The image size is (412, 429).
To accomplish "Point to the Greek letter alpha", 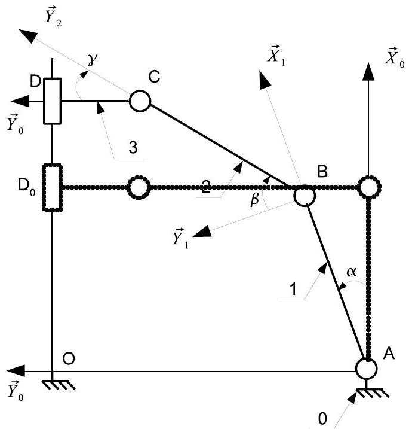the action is [351, 272].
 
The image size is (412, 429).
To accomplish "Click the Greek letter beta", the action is [255, 199].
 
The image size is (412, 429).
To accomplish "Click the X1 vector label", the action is [276, 54].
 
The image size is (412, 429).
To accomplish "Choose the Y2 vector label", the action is [53, 16].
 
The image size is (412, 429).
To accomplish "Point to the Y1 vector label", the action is [180, 238].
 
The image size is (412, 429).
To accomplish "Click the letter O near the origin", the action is [69, 358].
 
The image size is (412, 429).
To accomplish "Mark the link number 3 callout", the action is [133, 148].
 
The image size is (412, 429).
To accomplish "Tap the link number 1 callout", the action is [293, 289].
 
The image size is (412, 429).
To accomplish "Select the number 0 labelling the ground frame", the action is [322, 418].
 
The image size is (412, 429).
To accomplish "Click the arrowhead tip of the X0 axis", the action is [368, 63].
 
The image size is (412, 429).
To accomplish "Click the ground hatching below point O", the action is [59, 385].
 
